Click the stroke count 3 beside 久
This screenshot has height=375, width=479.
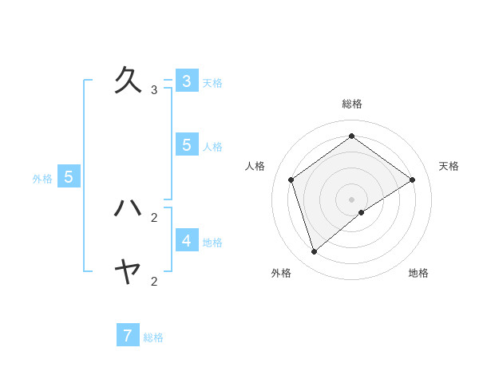coord(154,90)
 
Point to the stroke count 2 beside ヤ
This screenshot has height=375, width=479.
coord(154,281)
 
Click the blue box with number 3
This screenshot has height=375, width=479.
coord(186,81)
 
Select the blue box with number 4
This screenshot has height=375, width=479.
coord(186,240)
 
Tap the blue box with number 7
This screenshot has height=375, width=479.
coord(128,336)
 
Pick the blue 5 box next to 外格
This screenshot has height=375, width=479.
coord(69,177)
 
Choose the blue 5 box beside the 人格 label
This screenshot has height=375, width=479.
coord(186,144)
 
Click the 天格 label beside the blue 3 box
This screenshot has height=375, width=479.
coord(212,83)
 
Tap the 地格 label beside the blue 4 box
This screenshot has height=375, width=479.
coord(212,243)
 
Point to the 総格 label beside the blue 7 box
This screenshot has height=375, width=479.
coord(153,338)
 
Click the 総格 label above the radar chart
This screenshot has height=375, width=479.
coord(352,104)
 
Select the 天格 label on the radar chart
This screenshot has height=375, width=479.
coord(449,166)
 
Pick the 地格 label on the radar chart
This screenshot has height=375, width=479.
coord(418,273)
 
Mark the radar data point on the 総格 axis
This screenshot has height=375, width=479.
coord(351,136)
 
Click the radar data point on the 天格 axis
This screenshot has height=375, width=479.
coord(412,180)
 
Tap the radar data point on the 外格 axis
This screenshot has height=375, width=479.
coord(315,252)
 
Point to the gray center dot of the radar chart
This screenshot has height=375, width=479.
coord(351,199)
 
